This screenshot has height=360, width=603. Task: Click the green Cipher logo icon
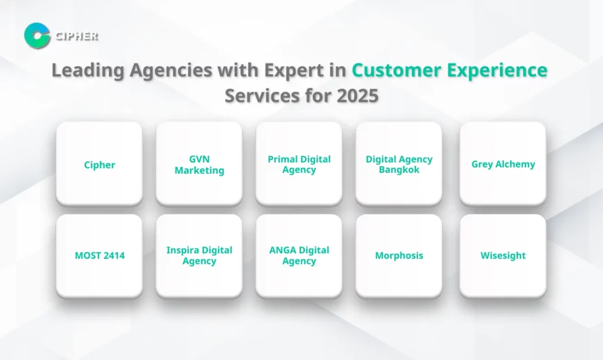(x=37, y=35)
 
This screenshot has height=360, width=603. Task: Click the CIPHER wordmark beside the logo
(x=76, y=36)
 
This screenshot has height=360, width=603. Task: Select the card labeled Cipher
(x=99, y=164)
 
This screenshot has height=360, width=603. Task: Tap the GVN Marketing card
(x=199, y=164)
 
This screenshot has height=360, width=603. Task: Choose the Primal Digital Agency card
(x=299, y=164)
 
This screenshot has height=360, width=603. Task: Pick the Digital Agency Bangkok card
(x=399, y=164)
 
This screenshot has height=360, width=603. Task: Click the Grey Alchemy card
(x=503, y=164)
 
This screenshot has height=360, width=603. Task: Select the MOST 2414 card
(x=99, y=256)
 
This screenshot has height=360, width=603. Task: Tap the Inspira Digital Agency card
(x=199, y=256)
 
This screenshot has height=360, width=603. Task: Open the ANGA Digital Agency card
(x=299, y=256)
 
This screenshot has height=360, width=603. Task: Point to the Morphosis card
(x=399, y=256)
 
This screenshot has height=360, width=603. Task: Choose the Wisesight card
(x=503, y=256)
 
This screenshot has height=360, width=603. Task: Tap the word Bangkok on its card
(x=399, y=170)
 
